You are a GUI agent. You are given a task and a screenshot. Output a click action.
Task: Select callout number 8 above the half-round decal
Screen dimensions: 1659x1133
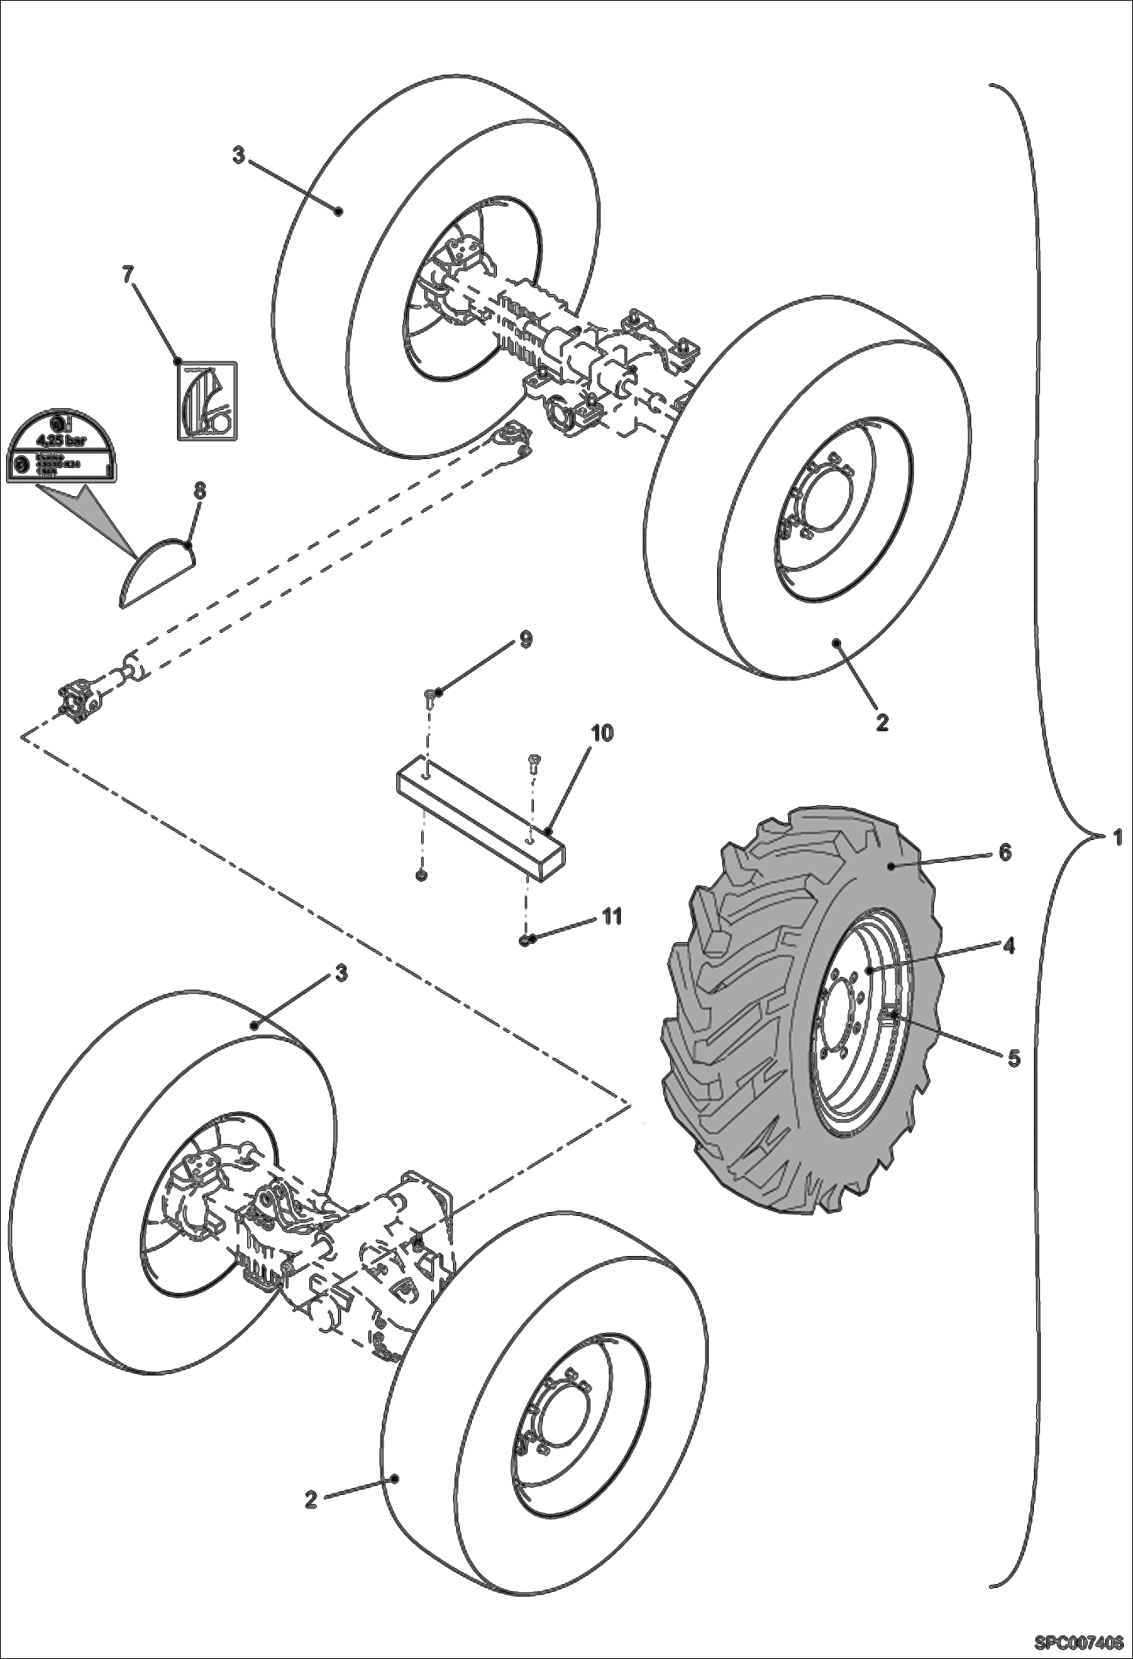(200, 492)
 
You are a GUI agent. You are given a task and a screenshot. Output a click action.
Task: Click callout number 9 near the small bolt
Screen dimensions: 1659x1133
(524, 640)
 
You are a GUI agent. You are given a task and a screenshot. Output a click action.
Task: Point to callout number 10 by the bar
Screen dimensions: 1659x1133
(602, 733)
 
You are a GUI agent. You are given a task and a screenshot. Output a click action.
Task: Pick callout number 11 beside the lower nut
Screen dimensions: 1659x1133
(611, 916)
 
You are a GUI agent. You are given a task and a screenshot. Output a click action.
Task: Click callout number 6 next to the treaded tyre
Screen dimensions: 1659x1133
(1004, 852)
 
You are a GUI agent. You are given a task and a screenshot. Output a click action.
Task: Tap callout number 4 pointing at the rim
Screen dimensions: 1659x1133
(1008, 944)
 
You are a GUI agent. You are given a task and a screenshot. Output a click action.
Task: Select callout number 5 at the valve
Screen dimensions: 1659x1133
(1013, 1057)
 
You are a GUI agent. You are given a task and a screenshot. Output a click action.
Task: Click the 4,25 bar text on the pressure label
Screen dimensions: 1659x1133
(61, 442)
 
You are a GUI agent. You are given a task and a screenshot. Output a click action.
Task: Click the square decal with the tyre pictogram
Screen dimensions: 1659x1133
(206, 401)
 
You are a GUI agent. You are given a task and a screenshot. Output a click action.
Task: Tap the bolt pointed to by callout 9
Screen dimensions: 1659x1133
(429, 694)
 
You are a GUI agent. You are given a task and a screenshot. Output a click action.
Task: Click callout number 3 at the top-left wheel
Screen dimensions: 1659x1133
(239, 157)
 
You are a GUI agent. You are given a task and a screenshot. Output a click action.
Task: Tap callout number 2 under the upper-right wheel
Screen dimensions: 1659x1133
(881, 721)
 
